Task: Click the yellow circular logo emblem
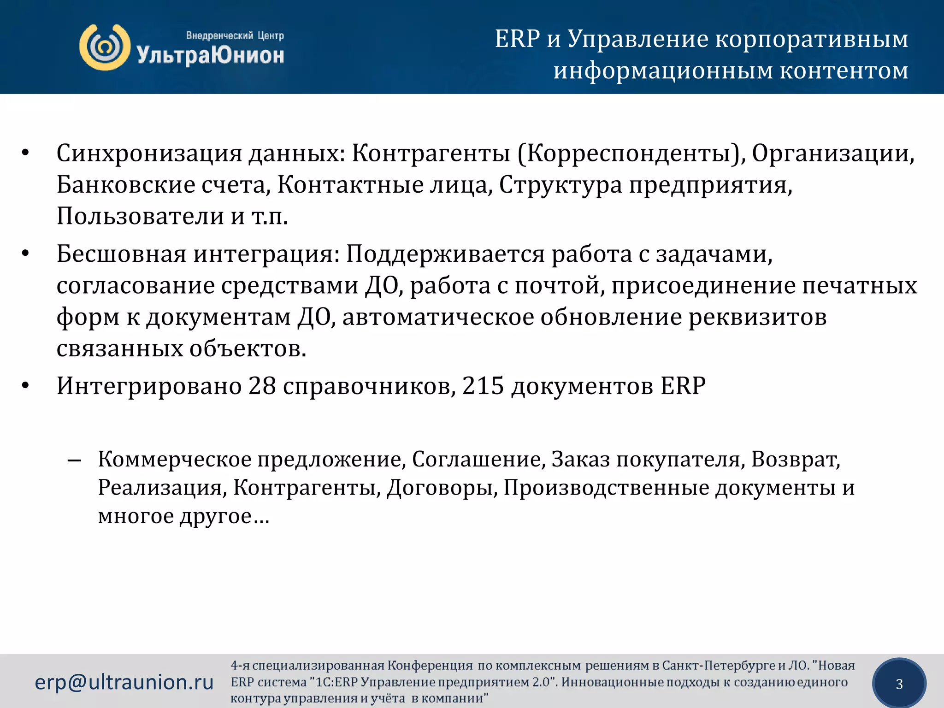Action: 105,47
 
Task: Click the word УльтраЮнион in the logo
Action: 210,56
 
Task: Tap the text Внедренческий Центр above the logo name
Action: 235,35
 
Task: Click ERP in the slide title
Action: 517,39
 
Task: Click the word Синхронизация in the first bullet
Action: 148,153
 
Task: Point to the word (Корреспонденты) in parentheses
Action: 631,153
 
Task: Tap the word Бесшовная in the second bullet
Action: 121,254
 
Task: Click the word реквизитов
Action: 757,317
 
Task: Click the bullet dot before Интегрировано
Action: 26,386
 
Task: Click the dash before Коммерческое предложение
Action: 74,460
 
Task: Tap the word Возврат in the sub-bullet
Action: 795,459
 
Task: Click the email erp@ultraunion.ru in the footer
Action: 124,682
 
